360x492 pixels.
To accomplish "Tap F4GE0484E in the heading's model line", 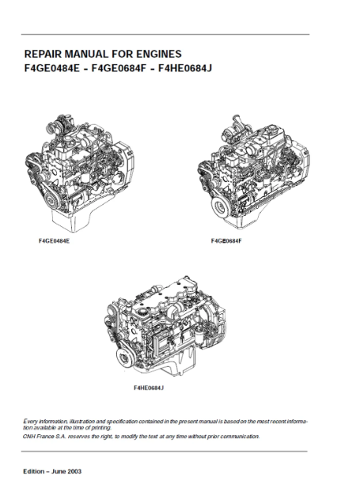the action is [51, 68].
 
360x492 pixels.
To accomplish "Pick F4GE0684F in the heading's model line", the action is [119, 68].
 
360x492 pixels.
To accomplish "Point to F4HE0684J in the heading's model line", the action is [185, 68].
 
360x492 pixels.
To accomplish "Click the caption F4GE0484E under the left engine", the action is [54, 241].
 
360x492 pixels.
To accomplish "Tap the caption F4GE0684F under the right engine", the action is [226, 241].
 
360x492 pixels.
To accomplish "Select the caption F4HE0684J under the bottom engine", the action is [149, 388].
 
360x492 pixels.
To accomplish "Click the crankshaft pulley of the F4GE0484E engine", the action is [50, 198].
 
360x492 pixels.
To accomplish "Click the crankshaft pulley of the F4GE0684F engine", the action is [221, 207].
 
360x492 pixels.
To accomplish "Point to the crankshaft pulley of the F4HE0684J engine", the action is [125, 357].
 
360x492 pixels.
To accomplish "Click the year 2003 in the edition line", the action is [74, 471].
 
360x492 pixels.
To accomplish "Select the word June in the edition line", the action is [59, 471].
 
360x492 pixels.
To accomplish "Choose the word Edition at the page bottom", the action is [33, 471].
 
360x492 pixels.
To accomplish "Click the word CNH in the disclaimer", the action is [28, 436].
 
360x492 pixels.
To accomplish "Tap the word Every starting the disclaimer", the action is [29, 421].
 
